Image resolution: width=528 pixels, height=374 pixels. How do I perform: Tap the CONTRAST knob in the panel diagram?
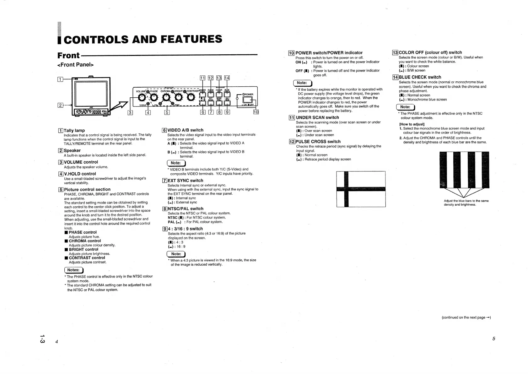click(x=191, y=97)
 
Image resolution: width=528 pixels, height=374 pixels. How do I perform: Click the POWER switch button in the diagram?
click(x=247, y=100)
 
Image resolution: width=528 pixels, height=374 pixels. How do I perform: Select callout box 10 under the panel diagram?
click(x=256, y=112)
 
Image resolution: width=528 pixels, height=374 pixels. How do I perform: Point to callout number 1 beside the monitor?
click(x=60, y=79)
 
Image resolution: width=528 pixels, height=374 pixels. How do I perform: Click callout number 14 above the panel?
click(x=227, y=78)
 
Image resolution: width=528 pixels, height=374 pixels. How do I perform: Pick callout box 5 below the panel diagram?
click(x=167, y=112)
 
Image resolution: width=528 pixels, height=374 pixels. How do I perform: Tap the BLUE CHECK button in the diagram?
click(x=227, y=95)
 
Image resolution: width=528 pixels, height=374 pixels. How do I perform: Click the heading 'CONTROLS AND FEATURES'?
click(x=143, y=40)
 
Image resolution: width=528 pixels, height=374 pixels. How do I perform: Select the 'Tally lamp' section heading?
click(x=74, y=130)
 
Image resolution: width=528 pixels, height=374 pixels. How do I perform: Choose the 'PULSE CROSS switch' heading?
click(x=318, y=142)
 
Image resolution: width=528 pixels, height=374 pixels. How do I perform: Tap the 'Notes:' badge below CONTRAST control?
click(x=74, y=270)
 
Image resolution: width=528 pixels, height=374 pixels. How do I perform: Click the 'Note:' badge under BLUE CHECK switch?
click(x=405, y=107)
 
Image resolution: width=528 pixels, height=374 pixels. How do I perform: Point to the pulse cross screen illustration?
click(x=361, y=189)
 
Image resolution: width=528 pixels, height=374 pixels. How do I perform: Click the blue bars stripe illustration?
click(x=464, y=170)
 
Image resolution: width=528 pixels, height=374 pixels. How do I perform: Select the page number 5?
click(x=493, y=339)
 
